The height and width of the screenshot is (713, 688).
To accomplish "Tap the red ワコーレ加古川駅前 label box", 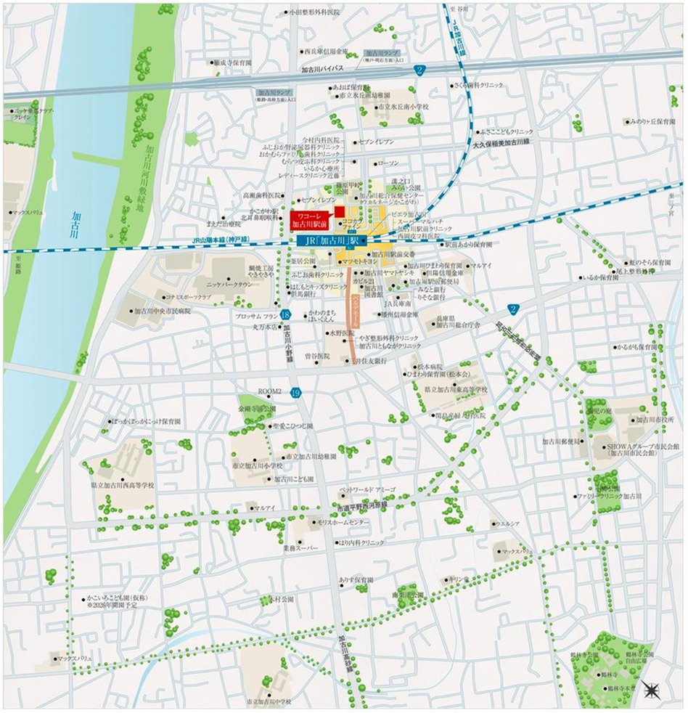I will point(310,220).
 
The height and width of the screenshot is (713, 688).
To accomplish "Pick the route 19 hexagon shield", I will point(295,394).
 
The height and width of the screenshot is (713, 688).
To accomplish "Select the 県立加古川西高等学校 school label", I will point(123,484).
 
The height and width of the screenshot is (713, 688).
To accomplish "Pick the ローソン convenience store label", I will point(388,163).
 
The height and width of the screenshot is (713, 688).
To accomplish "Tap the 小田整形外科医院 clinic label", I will point(314,12).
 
